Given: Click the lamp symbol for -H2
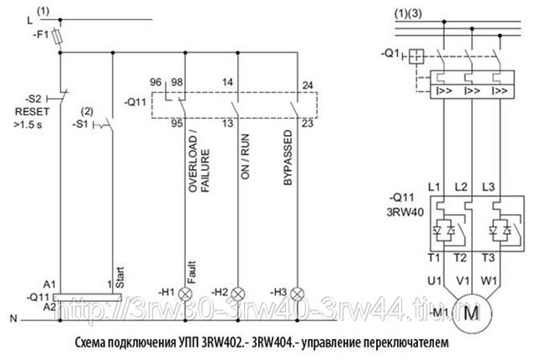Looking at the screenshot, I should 238,292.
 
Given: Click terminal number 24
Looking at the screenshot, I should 307,85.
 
